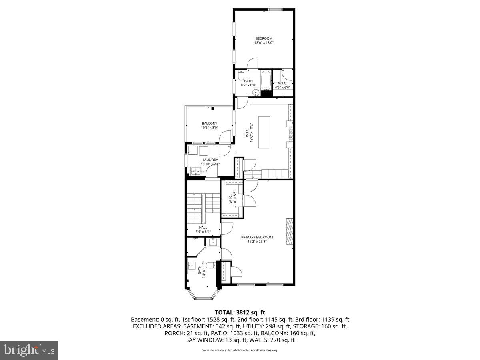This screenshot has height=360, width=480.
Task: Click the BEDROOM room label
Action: [264, 38]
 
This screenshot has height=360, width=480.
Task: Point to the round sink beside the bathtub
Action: [255, 93]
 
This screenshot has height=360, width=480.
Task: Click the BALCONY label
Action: [210, 123]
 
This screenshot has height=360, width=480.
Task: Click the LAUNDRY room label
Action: [210, 160]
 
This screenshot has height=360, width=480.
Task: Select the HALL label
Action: [203, 227]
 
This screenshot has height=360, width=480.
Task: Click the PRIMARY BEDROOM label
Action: [257, 237]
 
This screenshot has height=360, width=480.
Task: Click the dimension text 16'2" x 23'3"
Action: [257, 242]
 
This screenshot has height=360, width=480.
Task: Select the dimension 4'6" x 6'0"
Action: [282, 88]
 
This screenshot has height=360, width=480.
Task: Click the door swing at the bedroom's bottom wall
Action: [253, 63]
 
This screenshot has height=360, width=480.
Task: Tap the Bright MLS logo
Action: [29, 350]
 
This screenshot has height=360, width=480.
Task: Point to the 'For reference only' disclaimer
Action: [240, 350]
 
